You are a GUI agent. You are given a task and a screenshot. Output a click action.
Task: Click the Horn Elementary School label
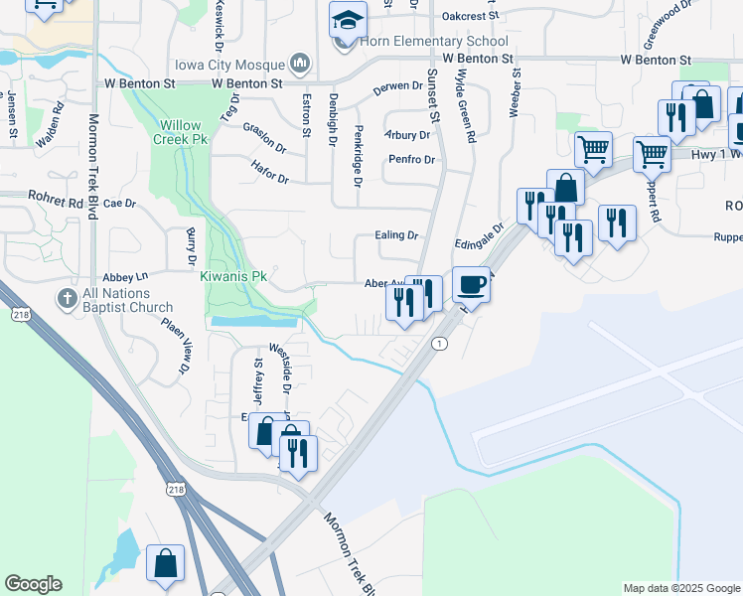tap(434, 41)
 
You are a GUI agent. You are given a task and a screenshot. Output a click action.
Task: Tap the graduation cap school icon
tap(347, 20)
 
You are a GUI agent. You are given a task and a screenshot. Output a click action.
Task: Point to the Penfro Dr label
tap(411, 160)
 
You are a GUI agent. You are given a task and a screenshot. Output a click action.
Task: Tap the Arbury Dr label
tap(409, 135)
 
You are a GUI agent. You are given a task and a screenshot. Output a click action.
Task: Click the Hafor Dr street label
tap(269, 173)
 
